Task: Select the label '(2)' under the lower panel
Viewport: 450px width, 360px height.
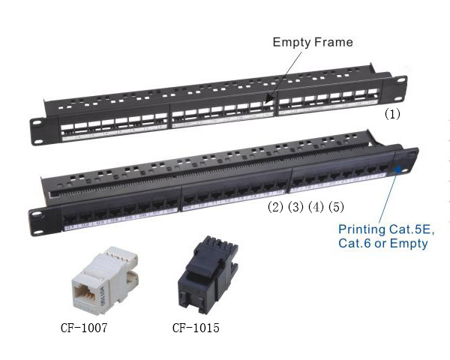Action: (x=277, y=206)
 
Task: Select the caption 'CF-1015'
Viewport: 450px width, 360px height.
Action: (x=194, y=327)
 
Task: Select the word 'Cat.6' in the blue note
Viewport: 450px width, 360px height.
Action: (x=354, y=244)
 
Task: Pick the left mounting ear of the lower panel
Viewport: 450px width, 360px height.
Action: (x=36, y=217)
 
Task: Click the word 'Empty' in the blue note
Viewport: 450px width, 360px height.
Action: (x=410, y=244)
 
